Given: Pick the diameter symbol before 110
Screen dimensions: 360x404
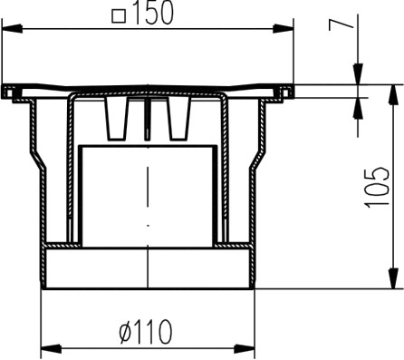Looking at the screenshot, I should (123, 333).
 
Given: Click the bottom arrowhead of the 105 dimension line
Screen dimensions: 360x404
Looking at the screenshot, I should (392, 282).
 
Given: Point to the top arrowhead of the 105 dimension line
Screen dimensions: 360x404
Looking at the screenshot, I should (392, 92).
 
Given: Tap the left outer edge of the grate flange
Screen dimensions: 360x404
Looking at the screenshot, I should (5, 91).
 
